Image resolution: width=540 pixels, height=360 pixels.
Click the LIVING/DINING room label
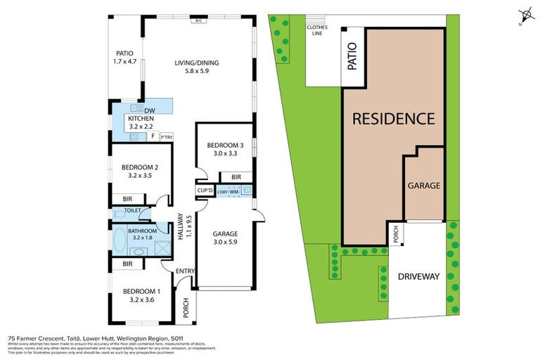pyautogui.click(x=197, y=63)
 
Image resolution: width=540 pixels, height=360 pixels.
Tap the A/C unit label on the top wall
pyautogui.click(x=199, y=21)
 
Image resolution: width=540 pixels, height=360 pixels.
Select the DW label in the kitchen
pyautogui.click(x=149, y=111)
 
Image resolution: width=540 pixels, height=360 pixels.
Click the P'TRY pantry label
pyautogui.click(x=167, y=136)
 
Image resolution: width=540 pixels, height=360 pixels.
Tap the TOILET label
pyautogui.click(x=134, y=210)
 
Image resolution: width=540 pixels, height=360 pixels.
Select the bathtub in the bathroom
pyautogui.click(x=117, y=238)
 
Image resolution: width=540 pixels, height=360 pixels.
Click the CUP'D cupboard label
pyautogui.click(x=205, y=191)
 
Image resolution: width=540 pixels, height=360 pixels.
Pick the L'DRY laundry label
pyautogui.click(x=222, y=191)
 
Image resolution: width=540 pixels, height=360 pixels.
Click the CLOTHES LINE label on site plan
pyautogui.click(x=317, y=31)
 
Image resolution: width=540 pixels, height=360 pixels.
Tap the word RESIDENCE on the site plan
pyautogui.click(x=393, y=118)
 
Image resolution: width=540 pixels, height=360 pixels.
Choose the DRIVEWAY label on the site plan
pyautogui.click(x=418, y=276)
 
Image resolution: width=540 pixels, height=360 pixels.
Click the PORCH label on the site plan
pyautogui.click(x=397, y=236)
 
